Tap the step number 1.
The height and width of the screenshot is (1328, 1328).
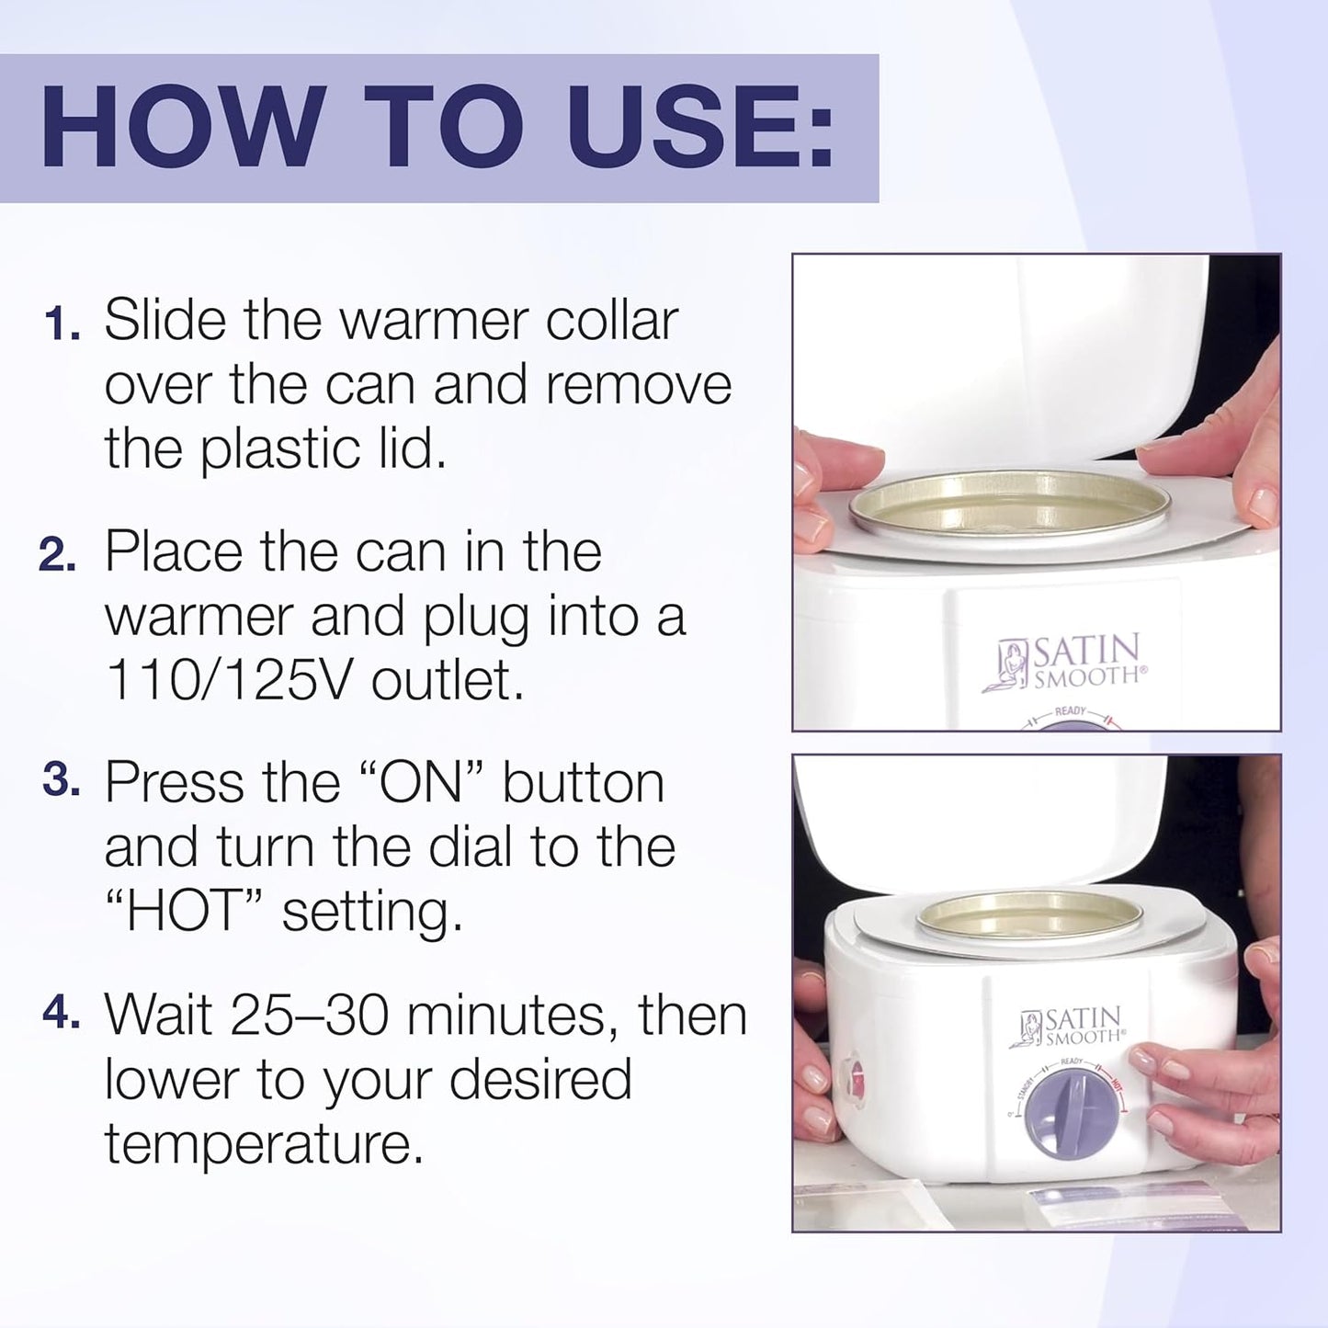coord(62,324)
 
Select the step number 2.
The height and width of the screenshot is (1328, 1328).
coord(58,555)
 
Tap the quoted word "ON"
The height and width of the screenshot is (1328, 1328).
coord(419,782)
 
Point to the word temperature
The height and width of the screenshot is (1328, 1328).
coord(264,1145)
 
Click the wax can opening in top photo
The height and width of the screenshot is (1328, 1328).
coord(1008,504)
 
